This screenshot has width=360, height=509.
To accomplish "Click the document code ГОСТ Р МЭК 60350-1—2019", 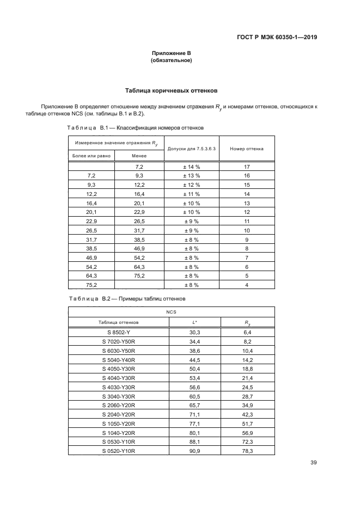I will point(277,38).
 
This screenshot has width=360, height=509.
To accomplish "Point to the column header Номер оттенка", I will point(247,148).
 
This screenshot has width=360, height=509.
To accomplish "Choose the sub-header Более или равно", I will point(91,156).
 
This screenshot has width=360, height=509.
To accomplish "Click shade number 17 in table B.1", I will point(247,167).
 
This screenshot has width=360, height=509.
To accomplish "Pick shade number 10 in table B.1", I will point(247,230).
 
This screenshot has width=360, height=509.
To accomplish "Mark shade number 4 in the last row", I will point(247,285).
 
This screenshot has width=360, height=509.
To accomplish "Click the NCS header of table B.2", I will point(171,313).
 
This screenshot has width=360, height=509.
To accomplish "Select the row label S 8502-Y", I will point(119,332).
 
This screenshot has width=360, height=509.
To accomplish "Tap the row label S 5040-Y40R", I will point(119,360).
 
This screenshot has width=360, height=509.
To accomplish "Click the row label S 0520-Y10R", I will point(119,451).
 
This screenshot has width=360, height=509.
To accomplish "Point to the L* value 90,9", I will point(195,451).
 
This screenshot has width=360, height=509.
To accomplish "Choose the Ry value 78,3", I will point(247,451).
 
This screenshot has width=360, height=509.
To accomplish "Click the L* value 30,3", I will point(195,332).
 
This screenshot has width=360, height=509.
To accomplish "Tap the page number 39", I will point(313,463).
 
